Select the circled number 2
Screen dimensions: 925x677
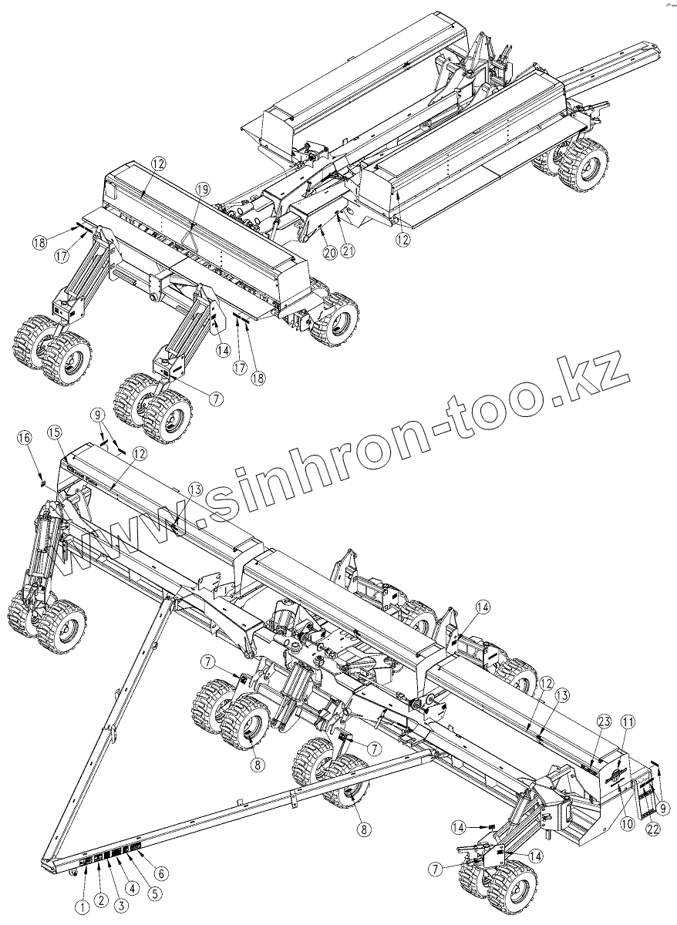tap(99, 899)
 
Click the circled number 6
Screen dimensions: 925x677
tap(161, 873)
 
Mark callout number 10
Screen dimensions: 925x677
tap(626, 823)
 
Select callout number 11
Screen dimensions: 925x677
tap(628, 721)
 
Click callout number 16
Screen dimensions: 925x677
tap(25, 438)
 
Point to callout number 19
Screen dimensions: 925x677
tap(202, 188)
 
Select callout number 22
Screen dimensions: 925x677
tap(652, 829)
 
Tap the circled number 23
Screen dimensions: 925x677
tap(604, 721)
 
